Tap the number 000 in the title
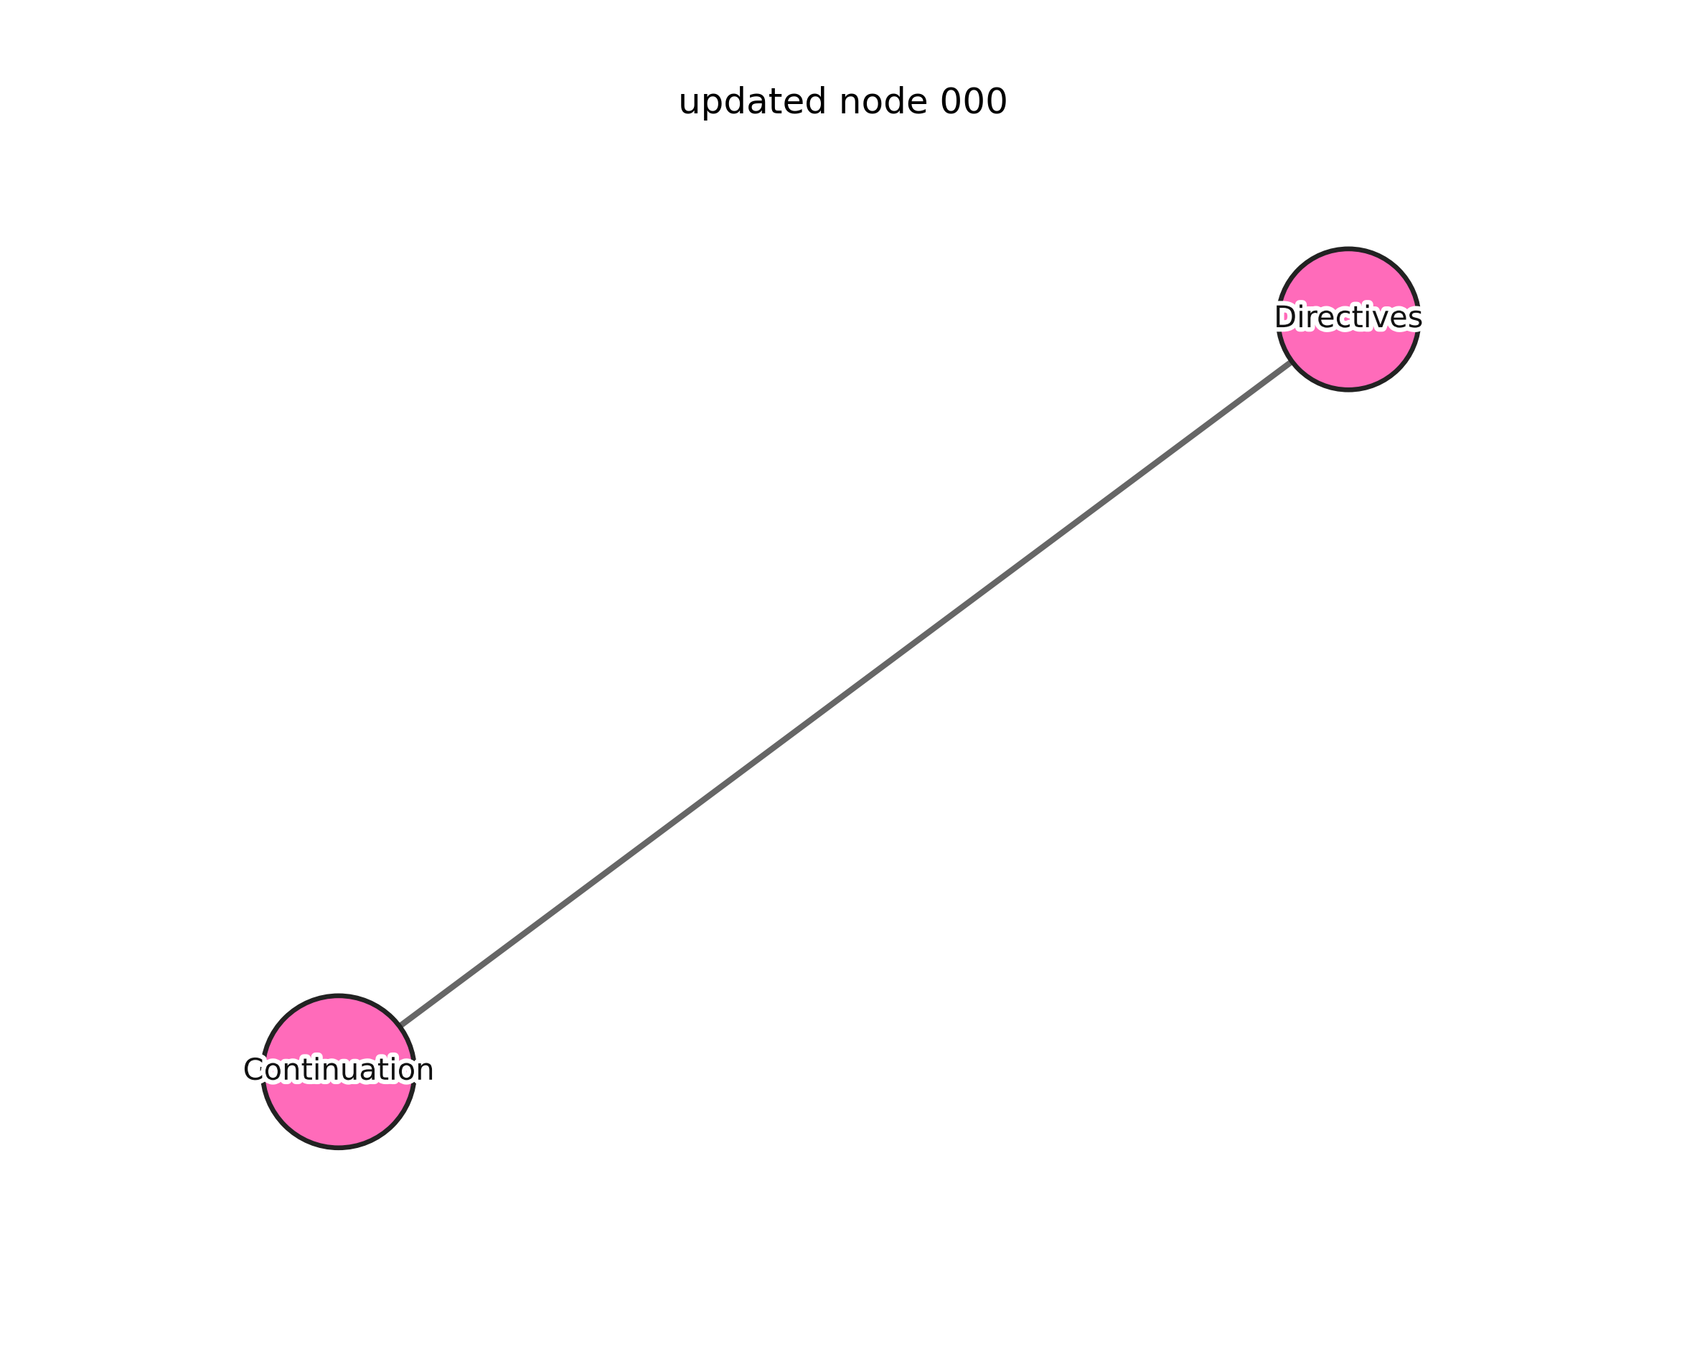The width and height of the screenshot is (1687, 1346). point(974,103)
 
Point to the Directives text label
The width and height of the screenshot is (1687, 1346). point(1348,318)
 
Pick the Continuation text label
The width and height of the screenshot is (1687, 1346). point(338,1070)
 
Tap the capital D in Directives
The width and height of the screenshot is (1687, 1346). point(1284,318)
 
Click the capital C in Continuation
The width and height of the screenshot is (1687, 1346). point(253,1070)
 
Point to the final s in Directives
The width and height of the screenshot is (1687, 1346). point(1415,319)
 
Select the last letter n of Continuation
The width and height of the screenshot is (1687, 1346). point(426,1070)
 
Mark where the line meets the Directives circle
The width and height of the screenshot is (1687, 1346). point(1291,362)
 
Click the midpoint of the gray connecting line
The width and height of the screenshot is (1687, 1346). point(845,693)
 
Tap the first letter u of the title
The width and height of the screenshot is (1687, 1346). point(687,103)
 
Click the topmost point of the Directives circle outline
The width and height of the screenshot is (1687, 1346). point(1348,249)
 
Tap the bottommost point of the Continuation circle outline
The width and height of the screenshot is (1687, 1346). point(338,1147)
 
